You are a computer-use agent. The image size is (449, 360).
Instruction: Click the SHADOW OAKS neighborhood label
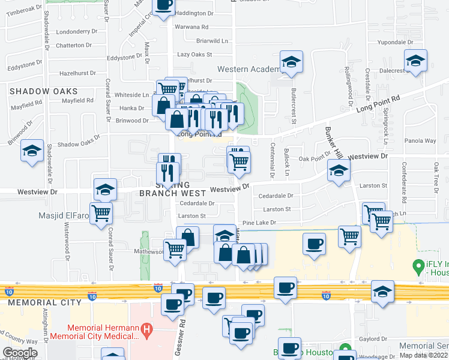click(x=43, y=91)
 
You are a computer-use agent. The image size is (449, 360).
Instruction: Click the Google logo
click(x=20, y=353)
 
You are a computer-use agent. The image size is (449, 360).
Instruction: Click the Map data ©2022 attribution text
click(x=423, y=355)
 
